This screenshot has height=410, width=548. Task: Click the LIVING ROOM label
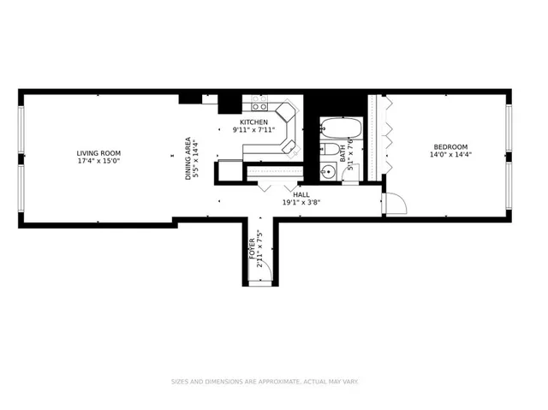coord(98,153)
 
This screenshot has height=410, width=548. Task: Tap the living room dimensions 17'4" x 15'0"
coord(98,161)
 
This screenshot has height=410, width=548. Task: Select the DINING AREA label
coord(188,158)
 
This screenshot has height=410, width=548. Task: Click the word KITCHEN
coord(253,122)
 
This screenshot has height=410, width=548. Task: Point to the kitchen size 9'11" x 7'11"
coord(253,131)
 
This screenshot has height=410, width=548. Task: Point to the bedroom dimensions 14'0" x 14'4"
coord(450,155)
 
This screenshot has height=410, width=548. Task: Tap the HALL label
coord(301,194)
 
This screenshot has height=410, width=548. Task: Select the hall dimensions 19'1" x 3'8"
coord(301,203)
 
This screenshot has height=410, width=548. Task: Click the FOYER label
coord(253,248)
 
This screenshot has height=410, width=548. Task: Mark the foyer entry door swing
coord(266,271)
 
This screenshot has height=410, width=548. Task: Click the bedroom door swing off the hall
coord(394,204)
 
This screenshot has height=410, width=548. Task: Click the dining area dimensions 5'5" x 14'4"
coord(196,158)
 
